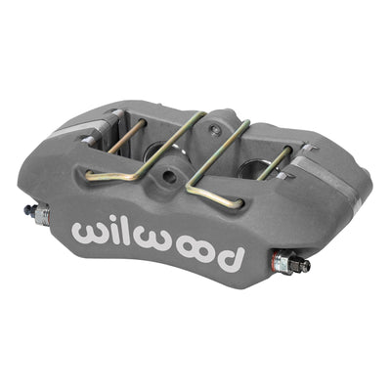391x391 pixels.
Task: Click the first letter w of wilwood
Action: point(89,233)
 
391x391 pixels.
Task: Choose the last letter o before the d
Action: point(207,253)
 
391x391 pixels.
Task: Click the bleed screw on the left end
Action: point(37,213)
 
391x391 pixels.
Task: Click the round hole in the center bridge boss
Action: point(169,177)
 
